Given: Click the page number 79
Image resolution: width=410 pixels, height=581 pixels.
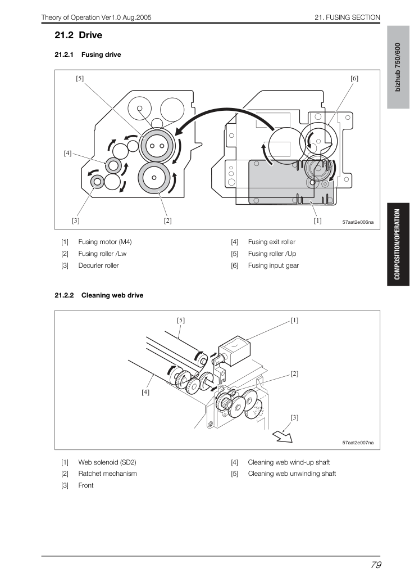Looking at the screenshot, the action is pyautogui.click(x=376, y=565).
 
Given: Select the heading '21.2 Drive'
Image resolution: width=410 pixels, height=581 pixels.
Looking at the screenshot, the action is pyautogui.click(x=79, y=35).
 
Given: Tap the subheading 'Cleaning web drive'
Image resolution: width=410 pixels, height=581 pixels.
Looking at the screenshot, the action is pyautogui.click(x=112, y=295).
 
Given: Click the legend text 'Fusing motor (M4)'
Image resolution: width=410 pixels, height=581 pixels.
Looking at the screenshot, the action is pyautogui.click(x=104, y=242).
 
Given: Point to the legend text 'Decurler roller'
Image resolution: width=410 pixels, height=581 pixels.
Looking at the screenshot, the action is pyautogui.click(x=98, y=265).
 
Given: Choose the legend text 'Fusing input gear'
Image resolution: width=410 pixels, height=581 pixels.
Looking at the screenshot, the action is pyautogui.click(x=273, y=265).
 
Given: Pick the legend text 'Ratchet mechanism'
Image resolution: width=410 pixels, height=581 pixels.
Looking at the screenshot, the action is pyautogui.click(x=107, y=474).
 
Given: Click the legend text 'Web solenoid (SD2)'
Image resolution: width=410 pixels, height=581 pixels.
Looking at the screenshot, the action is pyautogui.click(x=107, y=462).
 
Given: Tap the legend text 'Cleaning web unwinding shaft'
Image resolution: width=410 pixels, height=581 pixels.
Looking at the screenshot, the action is pyautogui.click(x=291, y=474).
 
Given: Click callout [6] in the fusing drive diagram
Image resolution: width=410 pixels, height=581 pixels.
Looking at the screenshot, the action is pyautogui.click(x=354, y=79).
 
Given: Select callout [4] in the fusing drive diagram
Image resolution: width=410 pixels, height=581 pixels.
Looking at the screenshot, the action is pyautogui.click(x=67, y=153).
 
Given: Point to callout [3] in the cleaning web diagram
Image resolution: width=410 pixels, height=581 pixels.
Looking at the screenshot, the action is pyautogui.click(x=294, y=417).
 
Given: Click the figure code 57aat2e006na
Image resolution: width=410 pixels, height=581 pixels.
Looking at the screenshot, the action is pyautogui.click(x=358, y=222).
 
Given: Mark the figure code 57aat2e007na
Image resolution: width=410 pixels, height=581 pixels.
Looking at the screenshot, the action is pyautogui.click(x=358, y=443).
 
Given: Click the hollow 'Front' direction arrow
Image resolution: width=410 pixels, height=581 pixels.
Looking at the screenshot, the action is pyautogui.click(x=283, y=437).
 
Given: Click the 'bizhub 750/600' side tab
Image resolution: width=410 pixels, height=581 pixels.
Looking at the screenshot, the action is pyautogui.click(x=398, y=67).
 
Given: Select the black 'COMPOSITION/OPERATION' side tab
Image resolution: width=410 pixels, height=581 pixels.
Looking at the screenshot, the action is pyautogui.click(x=398, y=244).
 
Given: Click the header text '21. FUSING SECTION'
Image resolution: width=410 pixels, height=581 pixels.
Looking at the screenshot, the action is pyautogui.click(x=347, y=17).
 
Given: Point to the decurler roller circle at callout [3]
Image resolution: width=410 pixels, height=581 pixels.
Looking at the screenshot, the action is pyautogui.click(x=97, y=182).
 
